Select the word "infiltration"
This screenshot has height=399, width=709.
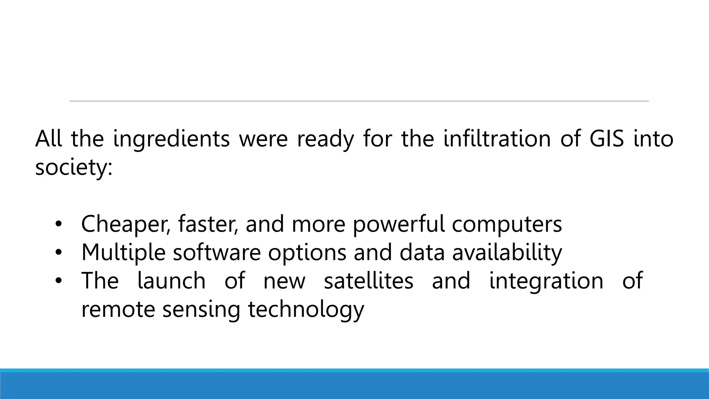(497, 139)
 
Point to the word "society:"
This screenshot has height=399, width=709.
(74, 168)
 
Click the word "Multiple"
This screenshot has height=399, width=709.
(123, 253)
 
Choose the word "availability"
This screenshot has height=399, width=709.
(507, 253)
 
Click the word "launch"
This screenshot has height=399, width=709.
(171, 281)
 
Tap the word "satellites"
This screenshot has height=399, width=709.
(368, 281)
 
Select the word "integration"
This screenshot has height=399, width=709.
(546, 281)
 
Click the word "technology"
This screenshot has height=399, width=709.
(306, 310)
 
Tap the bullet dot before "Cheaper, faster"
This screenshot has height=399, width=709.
(58, 224)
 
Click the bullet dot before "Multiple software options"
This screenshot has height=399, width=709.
(58, 252)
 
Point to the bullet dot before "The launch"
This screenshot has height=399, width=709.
(58, 281)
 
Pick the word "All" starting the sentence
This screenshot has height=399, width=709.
(48, 139)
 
